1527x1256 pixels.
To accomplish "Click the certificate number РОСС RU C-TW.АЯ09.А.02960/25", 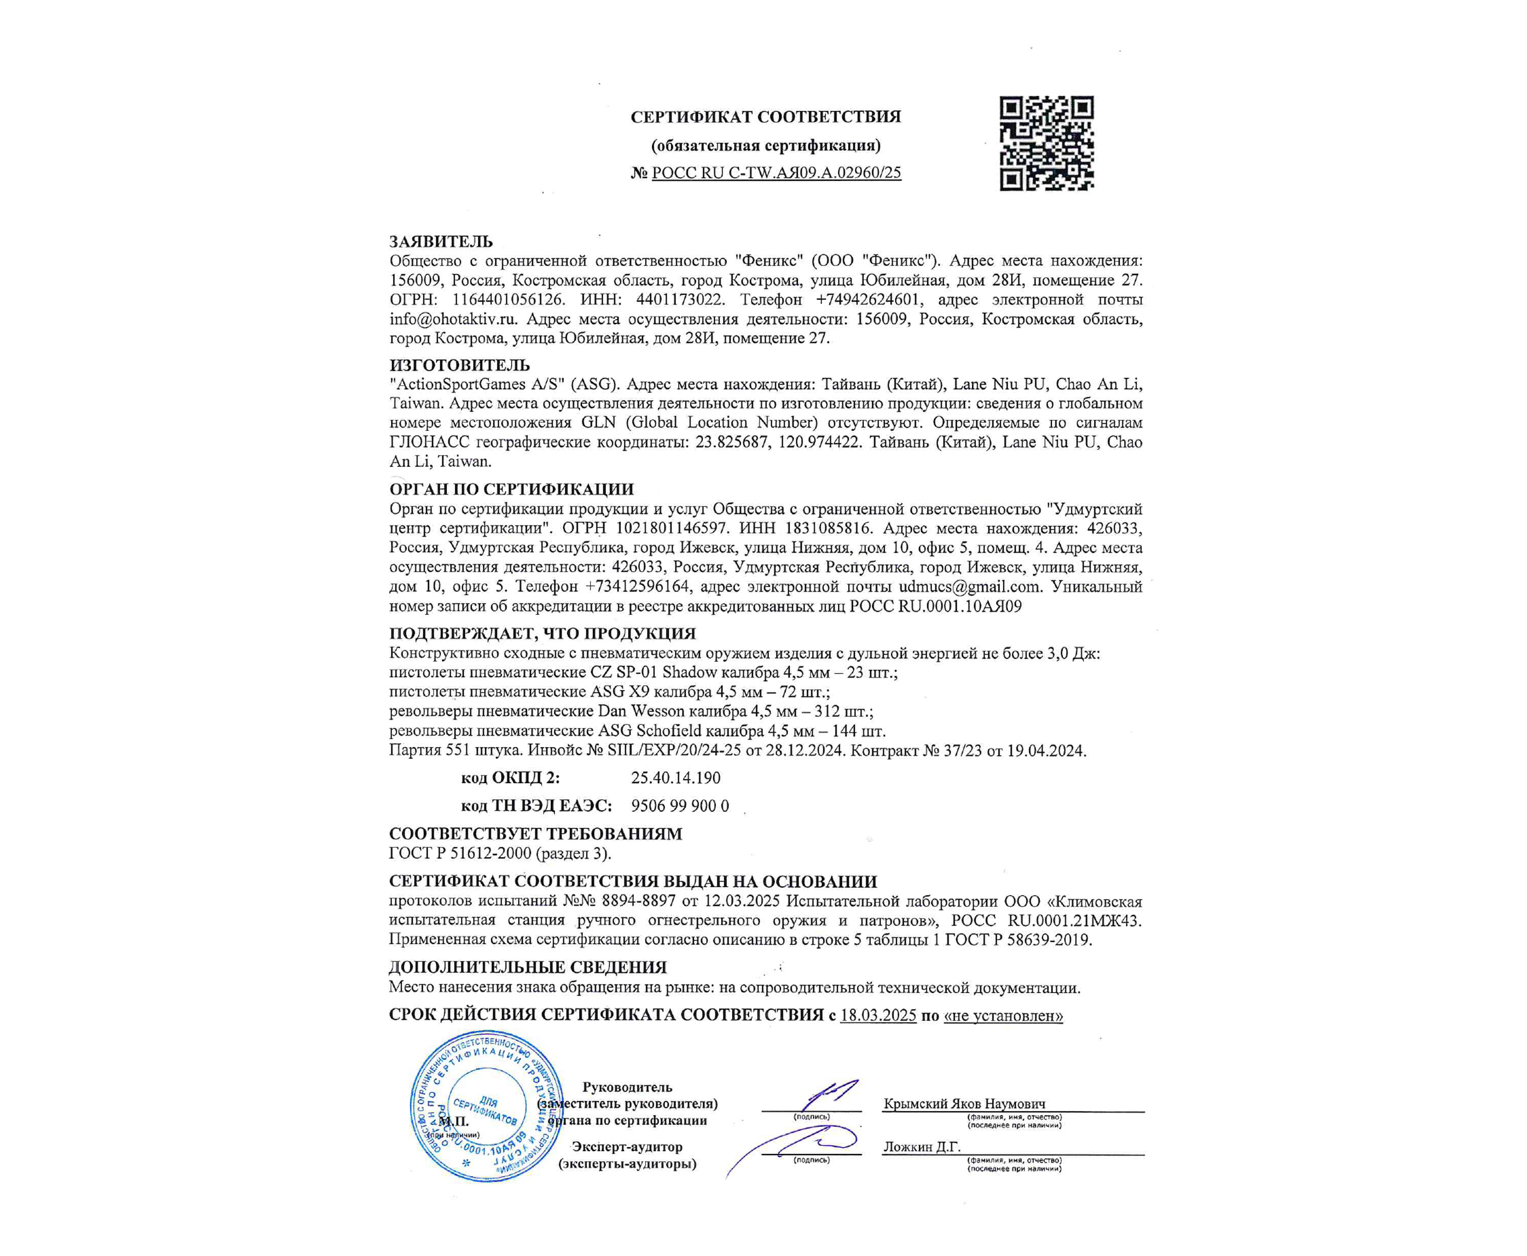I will pos(776,173).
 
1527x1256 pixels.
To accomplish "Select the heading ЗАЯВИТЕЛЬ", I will pos(441,242).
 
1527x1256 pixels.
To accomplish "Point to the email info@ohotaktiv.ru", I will pos(453,319).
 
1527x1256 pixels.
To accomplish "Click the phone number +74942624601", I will pos(868,300).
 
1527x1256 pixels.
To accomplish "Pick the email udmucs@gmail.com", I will pos(969,587).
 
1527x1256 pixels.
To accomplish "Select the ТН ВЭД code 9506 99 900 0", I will pos(679,806).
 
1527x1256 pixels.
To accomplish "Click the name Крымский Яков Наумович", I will pos(964,1104).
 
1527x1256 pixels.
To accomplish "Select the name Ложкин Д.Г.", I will pos(921,1147).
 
